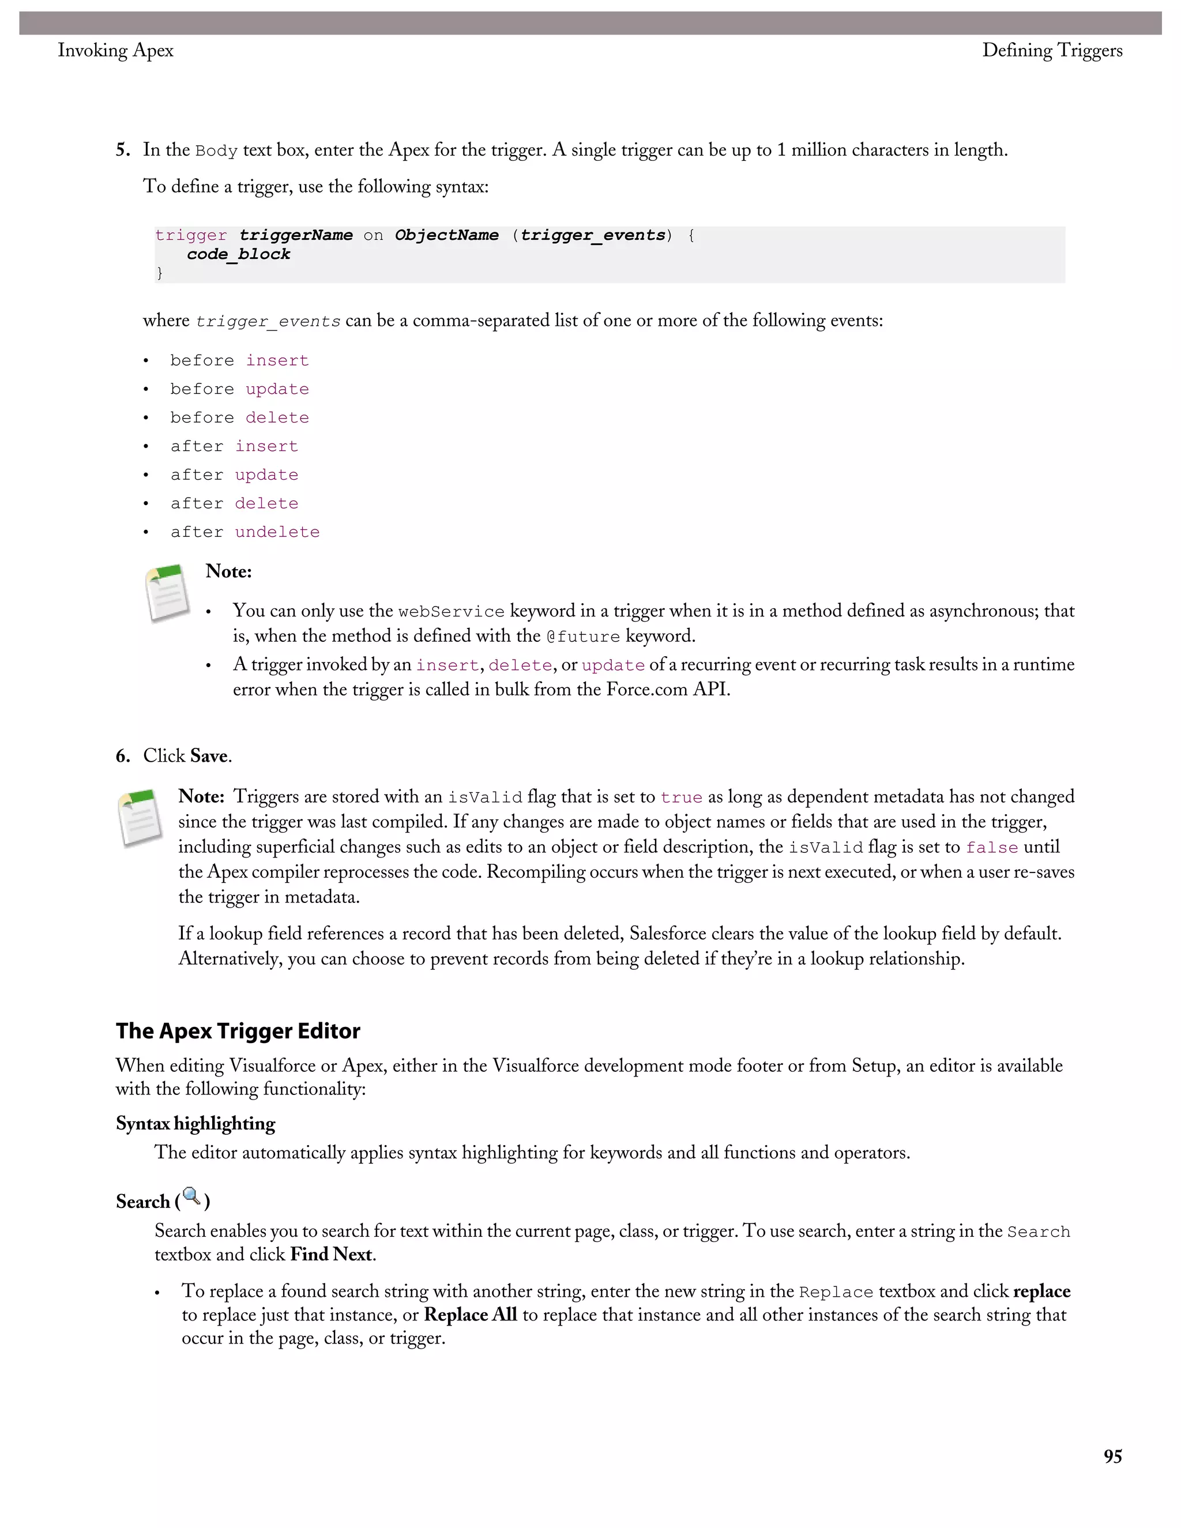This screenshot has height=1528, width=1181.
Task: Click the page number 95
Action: coord(1112,1457)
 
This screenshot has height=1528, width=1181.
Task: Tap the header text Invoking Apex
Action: coord(115,50)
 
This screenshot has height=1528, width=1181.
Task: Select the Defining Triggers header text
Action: coord(1052,50)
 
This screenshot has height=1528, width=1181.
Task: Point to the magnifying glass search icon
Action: coord(191,1196)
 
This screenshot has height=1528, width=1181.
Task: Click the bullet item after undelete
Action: coord(245,532)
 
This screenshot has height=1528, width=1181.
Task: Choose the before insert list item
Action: coord(239,361)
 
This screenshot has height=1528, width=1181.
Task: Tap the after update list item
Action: coord(234,476)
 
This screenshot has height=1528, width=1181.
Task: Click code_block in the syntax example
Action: coord(238,255)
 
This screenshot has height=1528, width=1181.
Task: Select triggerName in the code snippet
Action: coord(296,236)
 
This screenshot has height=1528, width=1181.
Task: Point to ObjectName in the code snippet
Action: coord(446,236)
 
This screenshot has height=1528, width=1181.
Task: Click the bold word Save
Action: coord(209,757)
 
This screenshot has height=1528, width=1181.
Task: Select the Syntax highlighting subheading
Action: coord(195,1124)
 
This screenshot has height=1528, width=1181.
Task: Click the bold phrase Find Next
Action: coord(331,1255)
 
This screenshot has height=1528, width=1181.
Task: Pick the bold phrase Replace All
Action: coord(470,1315)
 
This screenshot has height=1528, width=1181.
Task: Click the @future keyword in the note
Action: coord(583,637)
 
